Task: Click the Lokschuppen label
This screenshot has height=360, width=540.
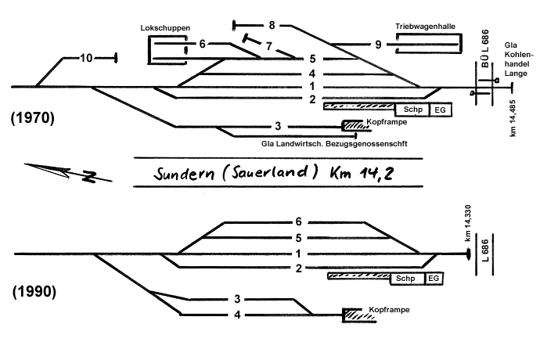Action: [x=165, y=28]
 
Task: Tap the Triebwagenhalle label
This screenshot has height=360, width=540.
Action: [x=425, y=27]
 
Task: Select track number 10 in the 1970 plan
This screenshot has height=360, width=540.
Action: [x=86, y=58]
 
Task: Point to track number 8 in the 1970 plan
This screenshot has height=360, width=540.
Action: [x=272, y=25]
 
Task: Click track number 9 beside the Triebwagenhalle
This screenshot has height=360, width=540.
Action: [x=378, y=45]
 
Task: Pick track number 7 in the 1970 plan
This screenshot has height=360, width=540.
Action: [x=269, y=46]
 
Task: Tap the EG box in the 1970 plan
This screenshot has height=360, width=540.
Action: [x=441, y=110]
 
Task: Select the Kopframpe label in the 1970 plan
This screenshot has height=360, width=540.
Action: [x=387, y=122]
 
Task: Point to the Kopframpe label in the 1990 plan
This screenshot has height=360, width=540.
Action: [x=389, y=309]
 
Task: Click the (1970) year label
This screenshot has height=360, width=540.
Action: [x=32, y=118]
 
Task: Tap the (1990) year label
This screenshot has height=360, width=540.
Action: [x=34, y=292]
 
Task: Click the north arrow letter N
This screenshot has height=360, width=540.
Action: [x=90, y=176]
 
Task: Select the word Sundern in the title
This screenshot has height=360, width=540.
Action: [x=184, y=174]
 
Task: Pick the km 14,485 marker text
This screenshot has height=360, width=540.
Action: [x=513, y=118]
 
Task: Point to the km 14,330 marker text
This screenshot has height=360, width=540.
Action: [x=468, y=223]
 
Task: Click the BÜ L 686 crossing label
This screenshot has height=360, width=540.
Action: [x=485, y=49]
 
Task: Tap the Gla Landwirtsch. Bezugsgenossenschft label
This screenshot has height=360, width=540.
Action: [x=334, y=144]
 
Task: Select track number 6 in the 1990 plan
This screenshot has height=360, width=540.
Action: [x=299, y=221]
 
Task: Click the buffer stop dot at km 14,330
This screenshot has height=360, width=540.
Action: [x=468, y=254]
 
